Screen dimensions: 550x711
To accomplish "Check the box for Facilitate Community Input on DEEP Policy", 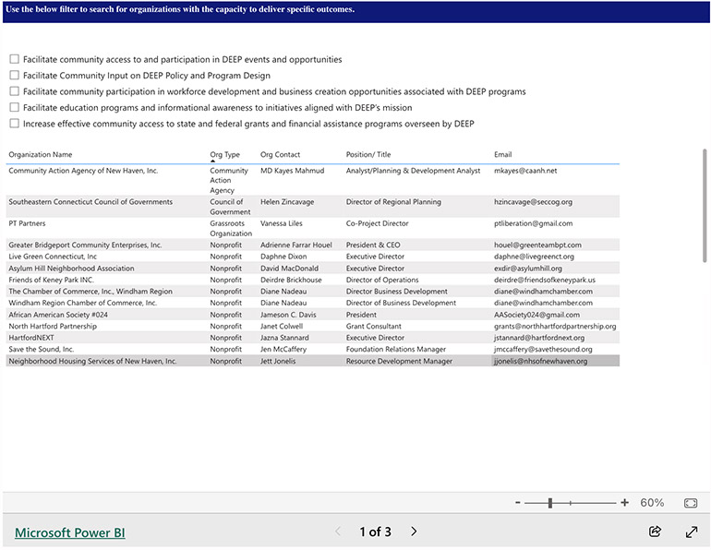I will (x=14, y=76).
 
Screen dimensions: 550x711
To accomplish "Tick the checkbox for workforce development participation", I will (x=14, y=91).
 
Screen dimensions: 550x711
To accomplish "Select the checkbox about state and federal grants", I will (x=14, y=124).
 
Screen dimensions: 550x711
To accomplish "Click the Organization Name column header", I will (x=41, y=155).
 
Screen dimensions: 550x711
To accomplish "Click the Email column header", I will (x=502, y=155).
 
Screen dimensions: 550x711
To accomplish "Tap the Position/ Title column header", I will (x=368, y=155).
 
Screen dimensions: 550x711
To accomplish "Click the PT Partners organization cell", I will (x=27, y=223).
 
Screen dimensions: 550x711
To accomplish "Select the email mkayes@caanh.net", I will (x=525, y=171).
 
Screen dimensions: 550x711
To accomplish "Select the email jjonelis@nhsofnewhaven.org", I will (x=540, y=361).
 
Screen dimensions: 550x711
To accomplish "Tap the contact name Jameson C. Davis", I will (x=288, y=315).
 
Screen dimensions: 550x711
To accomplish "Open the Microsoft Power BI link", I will (x=70, y=532).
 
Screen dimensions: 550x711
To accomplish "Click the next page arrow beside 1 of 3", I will (x=414, y=532).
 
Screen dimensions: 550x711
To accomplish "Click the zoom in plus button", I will (x=625, y=503).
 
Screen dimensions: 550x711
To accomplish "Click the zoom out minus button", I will (x=516, y=503).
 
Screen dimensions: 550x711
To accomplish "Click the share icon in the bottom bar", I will (x=656, y=532).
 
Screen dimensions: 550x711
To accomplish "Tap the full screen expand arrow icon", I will (x=692, y=532).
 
